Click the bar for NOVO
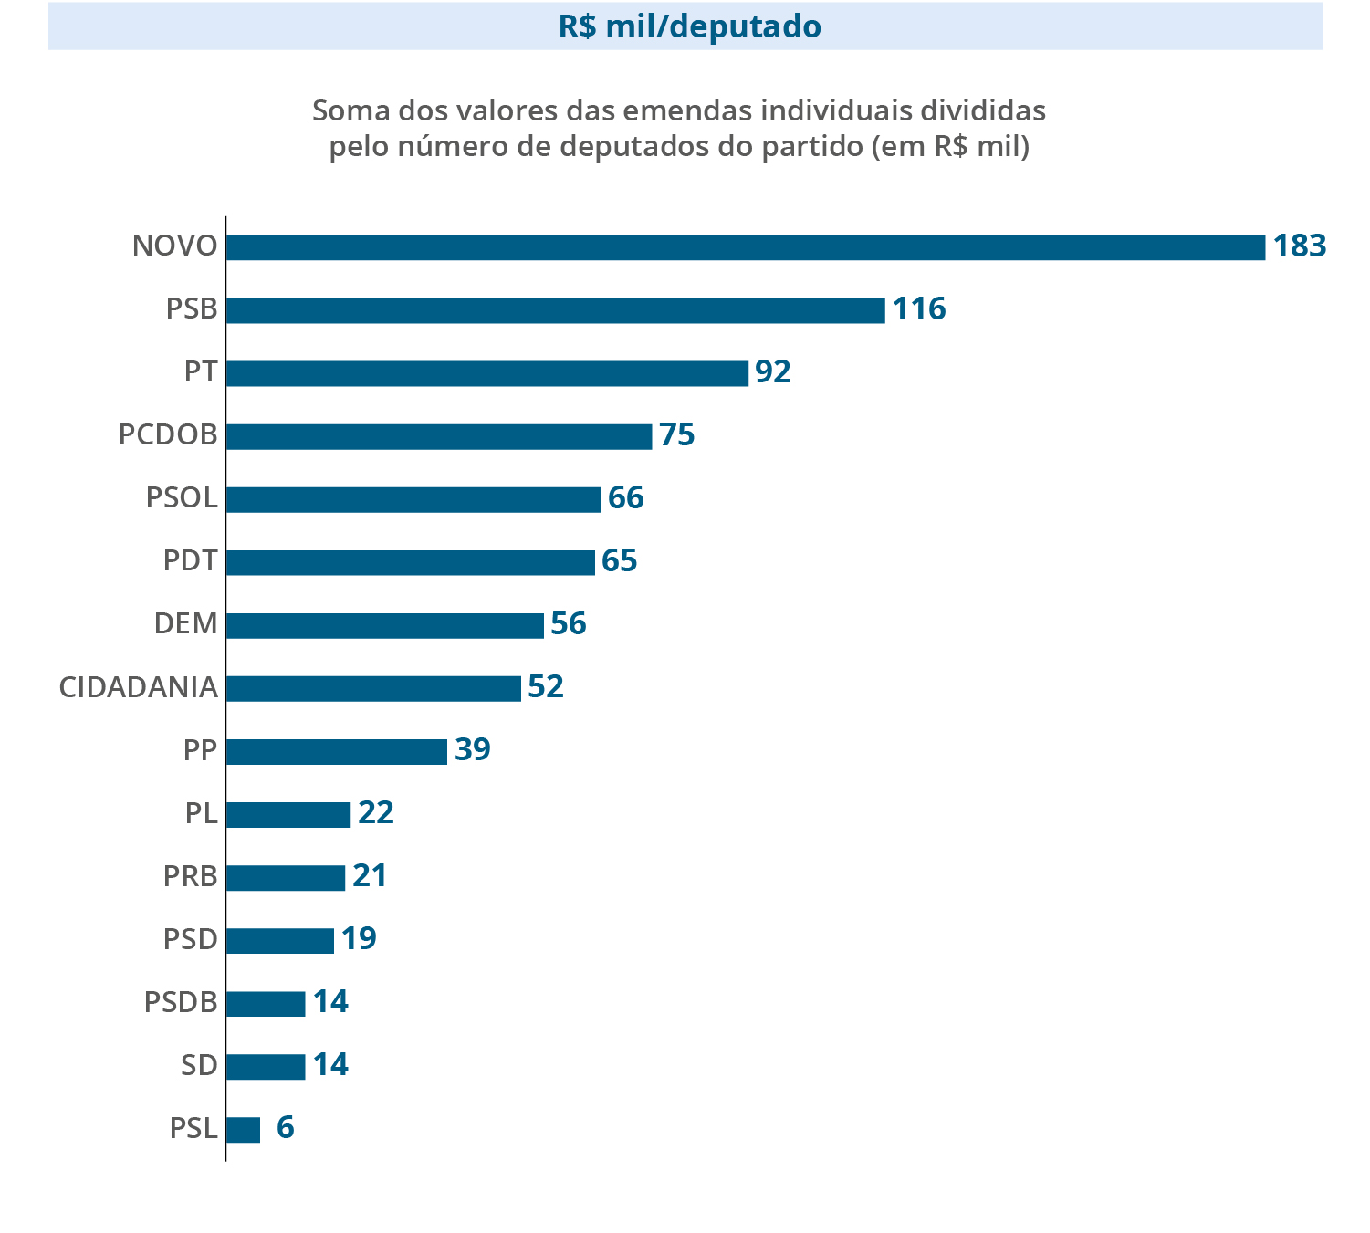[x=745, y=247]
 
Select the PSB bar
[x=555, y=310]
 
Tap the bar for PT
[x=486, y=373]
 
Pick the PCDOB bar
[x=438, y=436]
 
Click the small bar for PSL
[x=243, y=1130]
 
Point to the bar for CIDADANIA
[x=373, y=688]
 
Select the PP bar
[x=336, y=751]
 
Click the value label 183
[x=1299, y=246]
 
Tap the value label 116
[x=919, y=309]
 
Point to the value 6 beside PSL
[x=286, y=1128]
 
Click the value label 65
[x=619, y=561]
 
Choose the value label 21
[x=370, y=876]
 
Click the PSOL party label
[x=182, y=498]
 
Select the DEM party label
[x=185, y=624]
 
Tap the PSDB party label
[x=181, y=1002]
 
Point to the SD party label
[x=199, y=1065]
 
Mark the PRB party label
[x=190, y=876]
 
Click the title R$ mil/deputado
[x=689, y=26]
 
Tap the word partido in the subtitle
[x=813, y=146]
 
